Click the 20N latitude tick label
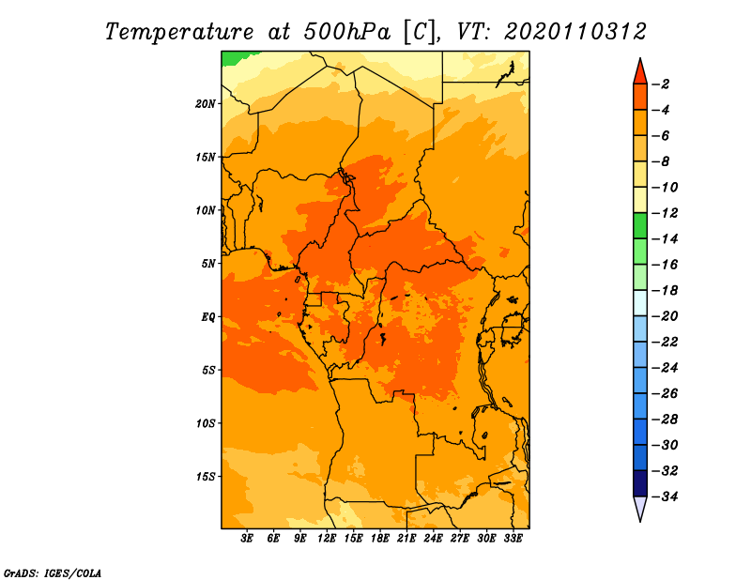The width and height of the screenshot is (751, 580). click(x=205, y=104)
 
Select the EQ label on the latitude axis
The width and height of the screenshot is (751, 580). click(x=207, y=317)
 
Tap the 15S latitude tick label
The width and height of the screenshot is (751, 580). click(x=205, y=477)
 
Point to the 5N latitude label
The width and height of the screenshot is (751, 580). click(x=207, y=264)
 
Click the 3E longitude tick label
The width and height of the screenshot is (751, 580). click(x=247, y=539)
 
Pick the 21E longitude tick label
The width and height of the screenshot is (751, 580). click(x=406, y=539)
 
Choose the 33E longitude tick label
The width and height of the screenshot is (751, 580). click(x=513, y=539)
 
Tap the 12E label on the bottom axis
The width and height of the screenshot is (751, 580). click(x=326, y=539)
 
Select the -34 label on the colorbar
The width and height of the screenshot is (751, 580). click(x=665, y=496)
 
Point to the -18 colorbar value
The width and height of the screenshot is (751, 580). click(x=665, y=290)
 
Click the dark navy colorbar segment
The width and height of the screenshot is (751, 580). click(x=640, y=483)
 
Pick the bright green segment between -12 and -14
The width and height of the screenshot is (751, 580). click(x=640, y=226)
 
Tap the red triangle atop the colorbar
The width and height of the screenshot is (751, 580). click(x=640, y=72)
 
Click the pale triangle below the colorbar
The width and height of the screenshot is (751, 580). click(x=640, y=509)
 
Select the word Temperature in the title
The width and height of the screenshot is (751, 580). click(x=179, y=32)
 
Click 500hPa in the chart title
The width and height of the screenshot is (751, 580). click(x=346, y=32)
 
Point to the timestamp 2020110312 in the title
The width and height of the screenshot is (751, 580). click(x=575, y=32)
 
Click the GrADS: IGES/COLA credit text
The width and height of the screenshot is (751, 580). click(x=53, y=572)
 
